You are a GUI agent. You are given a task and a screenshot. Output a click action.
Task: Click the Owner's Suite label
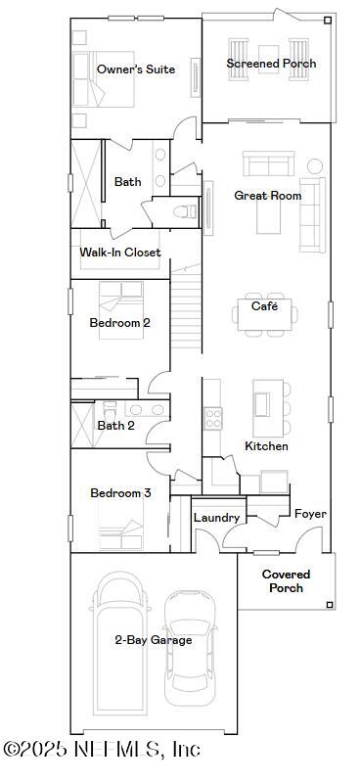tap(136, 69)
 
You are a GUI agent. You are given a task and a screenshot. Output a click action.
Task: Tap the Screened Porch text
tap(271, 64)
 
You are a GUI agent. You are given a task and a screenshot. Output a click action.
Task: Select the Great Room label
tap(267, 196)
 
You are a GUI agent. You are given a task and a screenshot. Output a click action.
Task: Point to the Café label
tap(264, 306)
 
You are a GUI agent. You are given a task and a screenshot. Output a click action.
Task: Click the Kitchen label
tap(266, 446)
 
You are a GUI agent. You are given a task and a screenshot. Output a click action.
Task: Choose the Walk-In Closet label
tap(120, 253)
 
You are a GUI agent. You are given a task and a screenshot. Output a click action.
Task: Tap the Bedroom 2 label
tap(119, 323)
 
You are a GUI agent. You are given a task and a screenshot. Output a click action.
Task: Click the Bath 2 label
tap(116, 426)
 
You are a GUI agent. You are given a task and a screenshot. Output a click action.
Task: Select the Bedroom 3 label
tap(120, 493)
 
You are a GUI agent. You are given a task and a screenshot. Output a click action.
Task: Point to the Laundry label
tap(216, 518)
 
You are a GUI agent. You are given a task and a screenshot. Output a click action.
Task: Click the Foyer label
tap(310, 514)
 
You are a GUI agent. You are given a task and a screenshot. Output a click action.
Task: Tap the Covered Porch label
tap(286, 581)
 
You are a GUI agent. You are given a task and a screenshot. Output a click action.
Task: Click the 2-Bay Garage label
tap(153, 640)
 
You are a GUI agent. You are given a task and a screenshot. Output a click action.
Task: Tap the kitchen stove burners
tap(212, 418)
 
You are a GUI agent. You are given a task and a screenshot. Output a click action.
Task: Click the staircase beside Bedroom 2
tap(187, 313)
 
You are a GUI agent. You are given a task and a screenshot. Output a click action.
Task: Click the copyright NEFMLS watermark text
tap(102, 750)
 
